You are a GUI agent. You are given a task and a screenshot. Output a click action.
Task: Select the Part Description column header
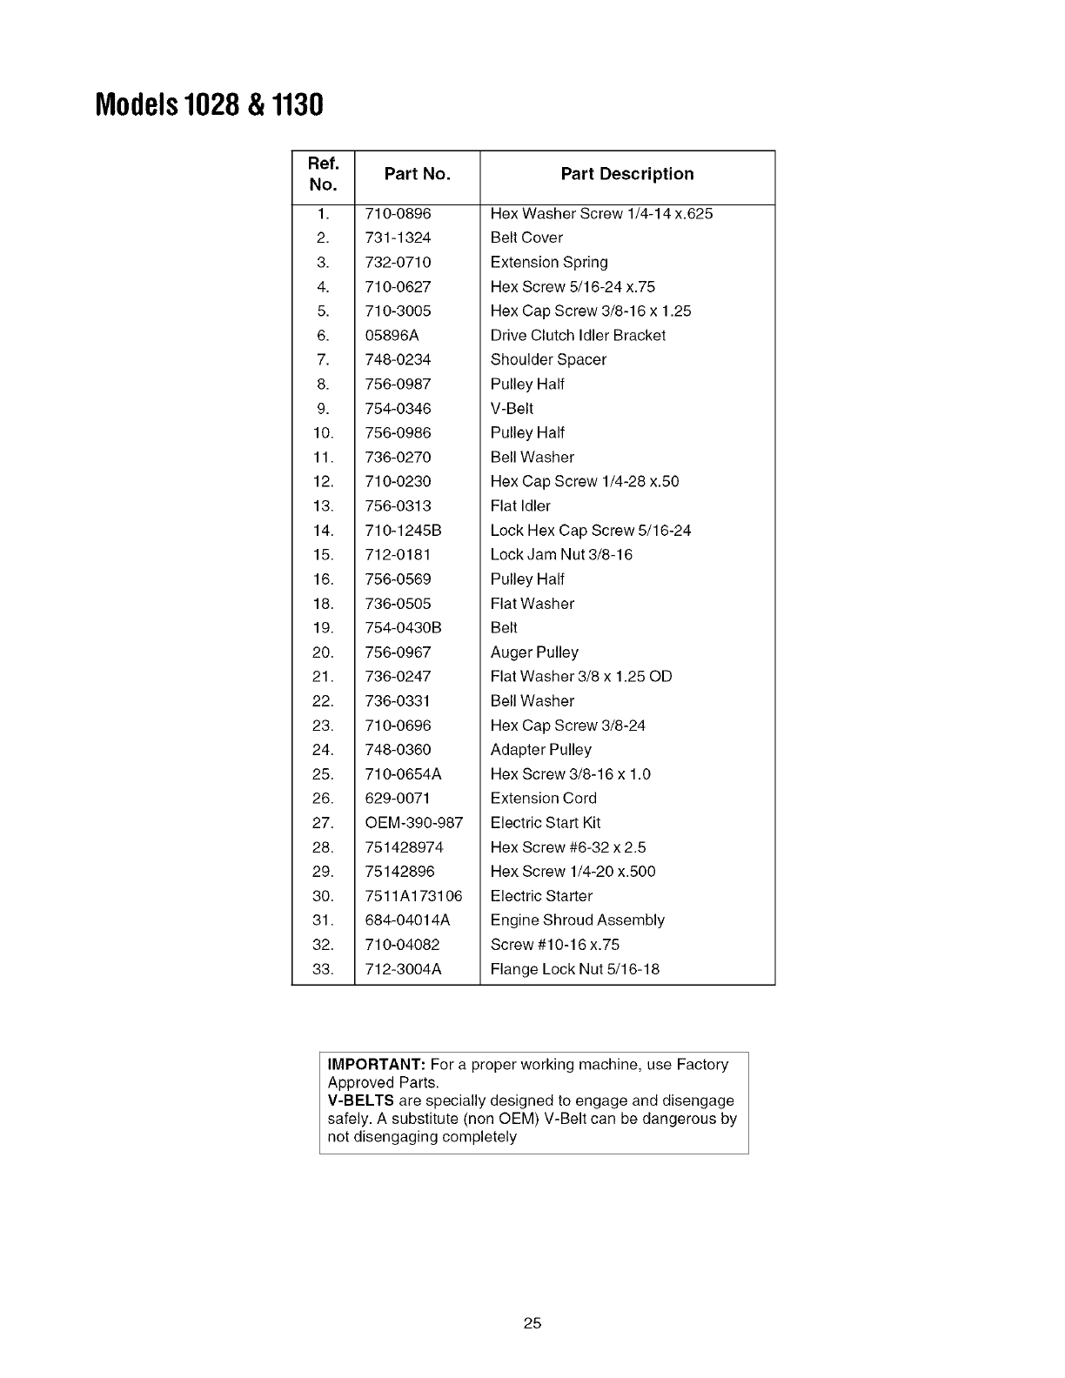click(x=626, y=174)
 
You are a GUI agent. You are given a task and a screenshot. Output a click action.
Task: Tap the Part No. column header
click(x=417, y=174)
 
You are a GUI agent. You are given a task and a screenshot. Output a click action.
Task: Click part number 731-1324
click(x=398, y=237)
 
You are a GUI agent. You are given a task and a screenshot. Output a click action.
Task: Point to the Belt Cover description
click(x=526, y=237)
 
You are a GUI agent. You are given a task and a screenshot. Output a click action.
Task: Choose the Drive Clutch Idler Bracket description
click(x=578, y=335)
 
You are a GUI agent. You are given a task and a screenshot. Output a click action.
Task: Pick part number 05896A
click(x=392, y=335)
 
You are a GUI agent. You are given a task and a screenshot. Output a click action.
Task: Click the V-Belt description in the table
click(x=512, y=408)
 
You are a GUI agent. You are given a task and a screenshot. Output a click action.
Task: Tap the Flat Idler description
click(x=520, y=505)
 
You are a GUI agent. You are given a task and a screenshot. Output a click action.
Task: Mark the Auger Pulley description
click(x=534, y=652)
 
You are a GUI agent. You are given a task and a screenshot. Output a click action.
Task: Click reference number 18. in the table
click(x=323, y=603)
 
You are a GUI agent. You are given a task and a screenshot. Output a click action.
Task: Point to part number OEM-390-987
click(x=414, y=822)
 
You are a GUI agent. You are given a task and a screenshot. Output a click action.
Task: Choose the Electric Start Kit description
click(x=546, y=822)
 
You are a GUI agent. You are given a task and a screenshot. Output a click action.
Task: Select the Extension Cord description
click(x=544, y=798)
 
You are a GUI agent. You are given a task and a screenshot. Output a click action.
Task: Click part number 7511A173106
click(x=414, y=895)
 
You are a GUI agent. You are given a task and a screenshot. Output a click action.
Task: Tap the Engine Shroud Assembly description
click(x=577, y=920)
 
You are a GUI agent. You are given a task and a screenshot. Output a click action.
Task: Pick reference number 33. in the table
click(x=323, y=968)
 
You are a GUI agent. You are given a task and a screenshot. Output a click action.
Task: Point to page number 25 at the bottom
click(x=532, y=1324)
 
